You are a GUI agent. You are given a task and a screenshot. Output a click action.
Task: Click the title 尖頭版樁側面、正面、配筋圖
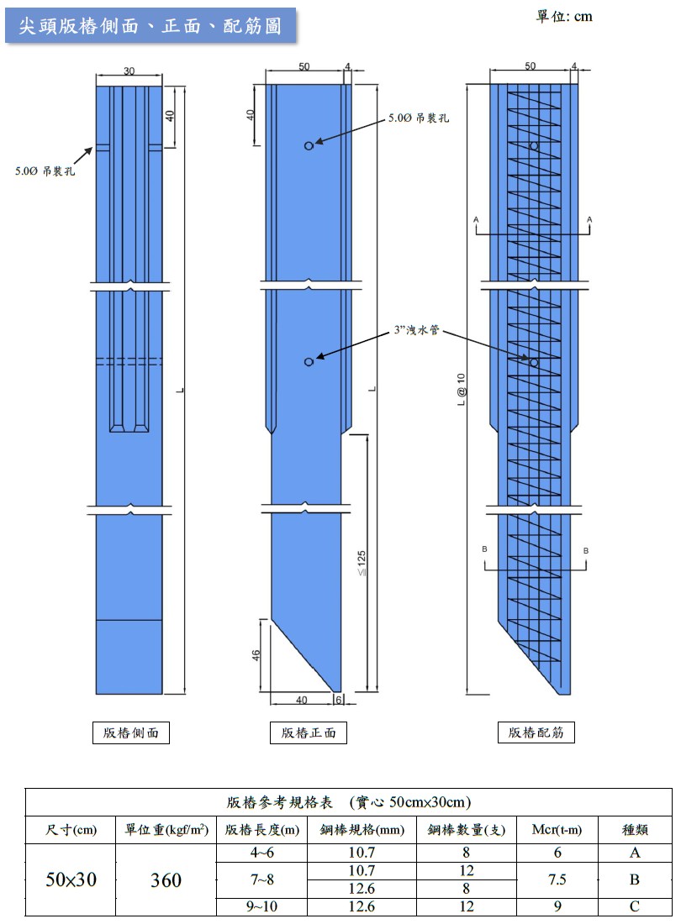click(150, 26)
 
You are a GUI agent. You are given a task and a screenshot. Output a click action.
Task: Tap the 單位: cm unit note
click(564, 17)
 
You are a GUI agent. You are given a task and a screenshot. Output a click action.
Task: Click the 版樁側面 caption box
click(131, 732)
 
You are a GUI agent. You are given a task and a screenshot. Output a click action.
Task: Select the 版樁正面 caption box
click(309, 732)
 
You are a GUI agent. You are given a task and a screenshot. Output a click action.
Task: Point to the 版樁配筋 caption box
click(536, 732)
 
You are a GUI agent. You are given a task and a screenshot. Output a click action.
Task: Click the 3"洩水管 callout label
click(417, 330)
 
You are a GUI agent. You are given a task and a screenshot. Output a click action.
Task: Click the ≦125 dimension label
click(362, 564)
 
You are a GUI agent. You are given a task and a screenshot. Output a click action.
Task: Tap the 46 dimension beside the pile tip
click(256, 654)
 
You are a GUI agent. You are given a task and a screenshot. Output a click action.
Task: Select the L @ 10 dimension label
click(461, 390)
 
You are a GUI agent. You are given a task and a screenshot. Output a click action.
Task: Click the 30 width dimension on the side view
click(129, 71)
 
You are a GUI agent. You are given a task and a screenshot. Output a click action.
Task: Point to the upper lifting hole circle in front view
click(309, 145)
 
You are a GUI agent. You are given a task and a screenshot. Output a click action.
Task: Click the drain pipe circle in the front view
click(309, 362)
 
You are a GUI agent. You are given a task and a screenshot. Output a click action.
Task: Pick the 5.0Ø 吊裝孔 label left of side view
click(45, 171)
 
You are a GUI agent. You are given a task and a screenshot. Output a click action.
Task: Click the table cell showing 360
click(166, 879)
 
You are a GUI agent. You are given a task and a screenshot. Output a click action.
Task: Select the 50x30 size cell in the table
click(71, 879)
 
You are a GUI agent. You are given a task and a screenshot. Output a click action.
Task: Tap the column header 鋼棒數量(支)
click(467, 830)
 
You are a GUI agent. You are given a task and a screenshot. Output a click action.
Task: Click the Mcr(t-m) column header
click(557, 830)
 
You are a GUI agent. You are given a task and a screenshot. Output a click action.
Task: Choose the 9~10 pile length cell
click(261, 906)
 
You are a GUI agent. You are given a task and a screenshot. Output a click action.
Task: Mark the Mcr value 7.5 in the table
click(557, 879)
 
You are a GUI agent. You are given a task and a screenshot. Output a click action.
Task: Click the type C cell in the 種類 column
click(635, 906)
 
